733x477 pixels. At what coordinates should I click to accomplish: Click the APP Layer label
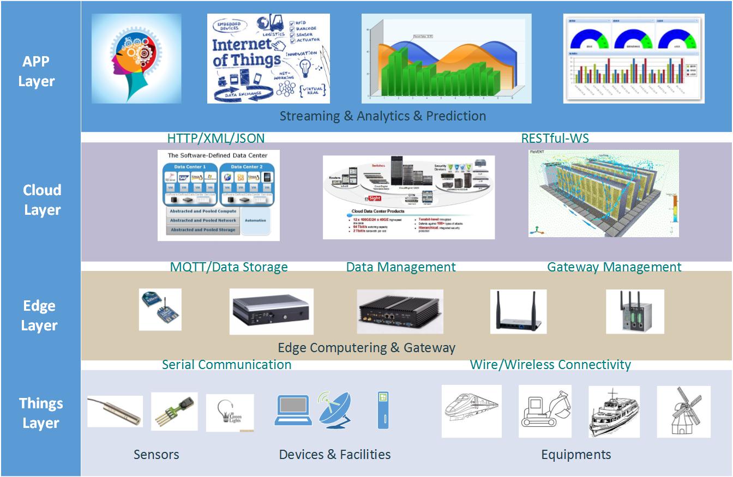37,71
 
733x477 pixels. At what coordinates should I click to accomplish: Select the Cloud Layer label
42,200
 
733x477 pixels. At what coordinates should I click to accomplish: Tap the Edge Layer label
39,315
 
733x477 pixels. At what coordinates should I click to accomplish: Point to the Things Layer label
41,413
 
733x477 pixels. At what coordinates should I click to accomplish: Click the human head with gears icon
136,58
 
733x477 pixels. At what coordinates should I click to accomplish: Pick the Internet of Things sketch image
268,58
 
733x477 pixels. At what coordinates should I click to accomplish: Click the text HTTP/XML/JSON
216,138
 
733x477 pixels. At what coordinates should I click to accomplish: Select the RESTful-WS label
555,138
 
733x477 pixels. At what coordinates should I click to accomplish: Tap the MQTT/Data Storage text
229,267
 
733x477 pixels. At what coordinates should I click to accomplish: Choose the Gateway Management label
614,267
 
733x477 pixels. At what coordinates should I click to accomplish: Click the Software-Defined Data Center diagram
218,195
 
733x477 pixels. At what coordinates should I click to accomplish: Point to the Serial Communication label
226,364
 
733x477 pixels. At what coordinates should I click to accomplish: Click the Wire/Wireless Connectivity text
550,364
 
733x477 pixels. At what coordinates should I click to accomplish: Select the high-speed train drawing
471,410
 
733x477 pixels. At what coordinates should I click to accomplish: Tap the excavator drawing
545,411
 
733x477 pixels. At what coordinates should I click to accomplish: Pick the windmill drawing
683,411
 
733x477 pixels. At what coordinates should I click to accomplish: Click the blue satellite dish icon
335,409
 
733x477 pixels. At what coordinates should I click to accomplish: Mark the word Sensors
156,455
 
